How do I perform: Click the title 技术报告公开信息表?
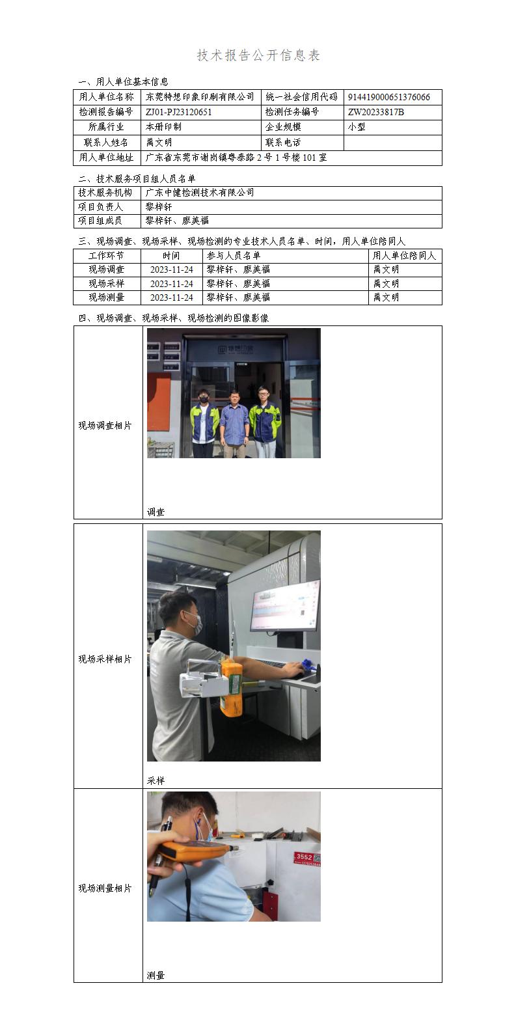[258, 55]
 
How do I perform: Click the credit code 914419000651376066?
[388, 97]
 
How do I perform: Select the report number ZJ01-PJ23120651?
[179, 112]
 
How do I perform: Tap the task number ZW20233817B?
[376, 112]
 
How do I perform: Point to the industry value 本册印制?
[163, 127]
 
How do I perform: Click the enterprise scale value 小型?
[357, 127]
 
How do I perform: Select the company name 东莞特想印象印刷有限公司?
[200, 97]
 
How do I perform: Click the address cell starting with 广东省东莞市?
[236, 158]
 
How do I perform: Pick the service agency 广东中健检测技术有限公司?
[200, 193]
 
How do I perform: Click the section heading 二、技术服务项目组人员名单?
[137, 178]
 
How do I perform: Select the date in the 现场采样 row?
[171, 284]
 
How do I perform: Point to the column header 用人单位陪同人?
[404, 256]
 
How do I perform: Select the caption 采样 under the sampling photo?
[156, 780]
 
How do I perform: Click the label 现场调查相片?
[105, 426]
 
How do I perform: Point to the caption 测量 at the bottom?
[156, 975]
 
